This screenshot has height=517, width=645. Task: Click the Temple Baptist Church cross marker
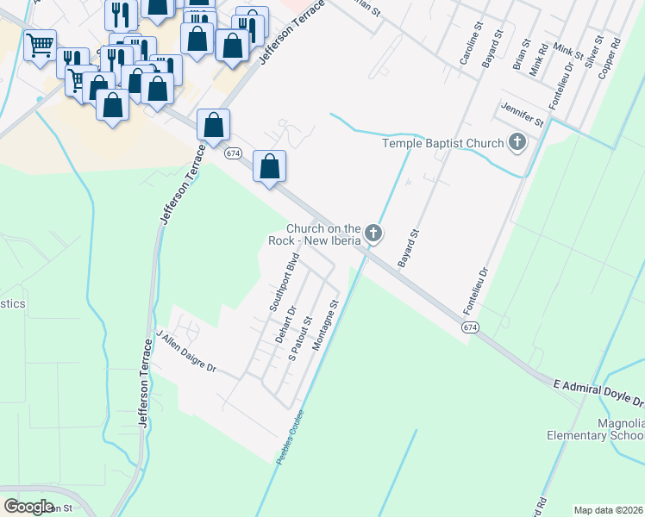[517, 142]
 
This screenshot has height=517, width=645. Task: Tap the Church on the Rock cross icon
[373, 233]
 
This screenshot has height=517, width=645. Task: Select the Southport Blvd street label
[284, 282]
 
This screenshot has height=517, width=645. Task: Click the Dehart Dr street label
[285, 325]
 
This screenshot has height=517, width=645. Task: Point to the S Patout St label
[300, 339]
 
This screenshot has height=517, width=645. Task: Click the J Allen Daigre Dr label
[185, 351]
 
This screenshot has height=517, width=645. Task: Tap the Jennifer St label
[522, 117]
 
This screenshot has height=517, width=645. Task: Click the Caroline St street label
[466, 49]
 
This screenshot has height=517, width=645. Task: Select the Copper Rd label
[610, 56]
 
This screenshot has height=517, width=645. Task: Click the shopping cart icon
[40, 45]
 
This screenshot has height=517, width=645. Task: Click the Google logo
[28, 506]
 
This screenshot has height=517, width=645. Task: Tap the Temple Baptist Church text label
[443, 142]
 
